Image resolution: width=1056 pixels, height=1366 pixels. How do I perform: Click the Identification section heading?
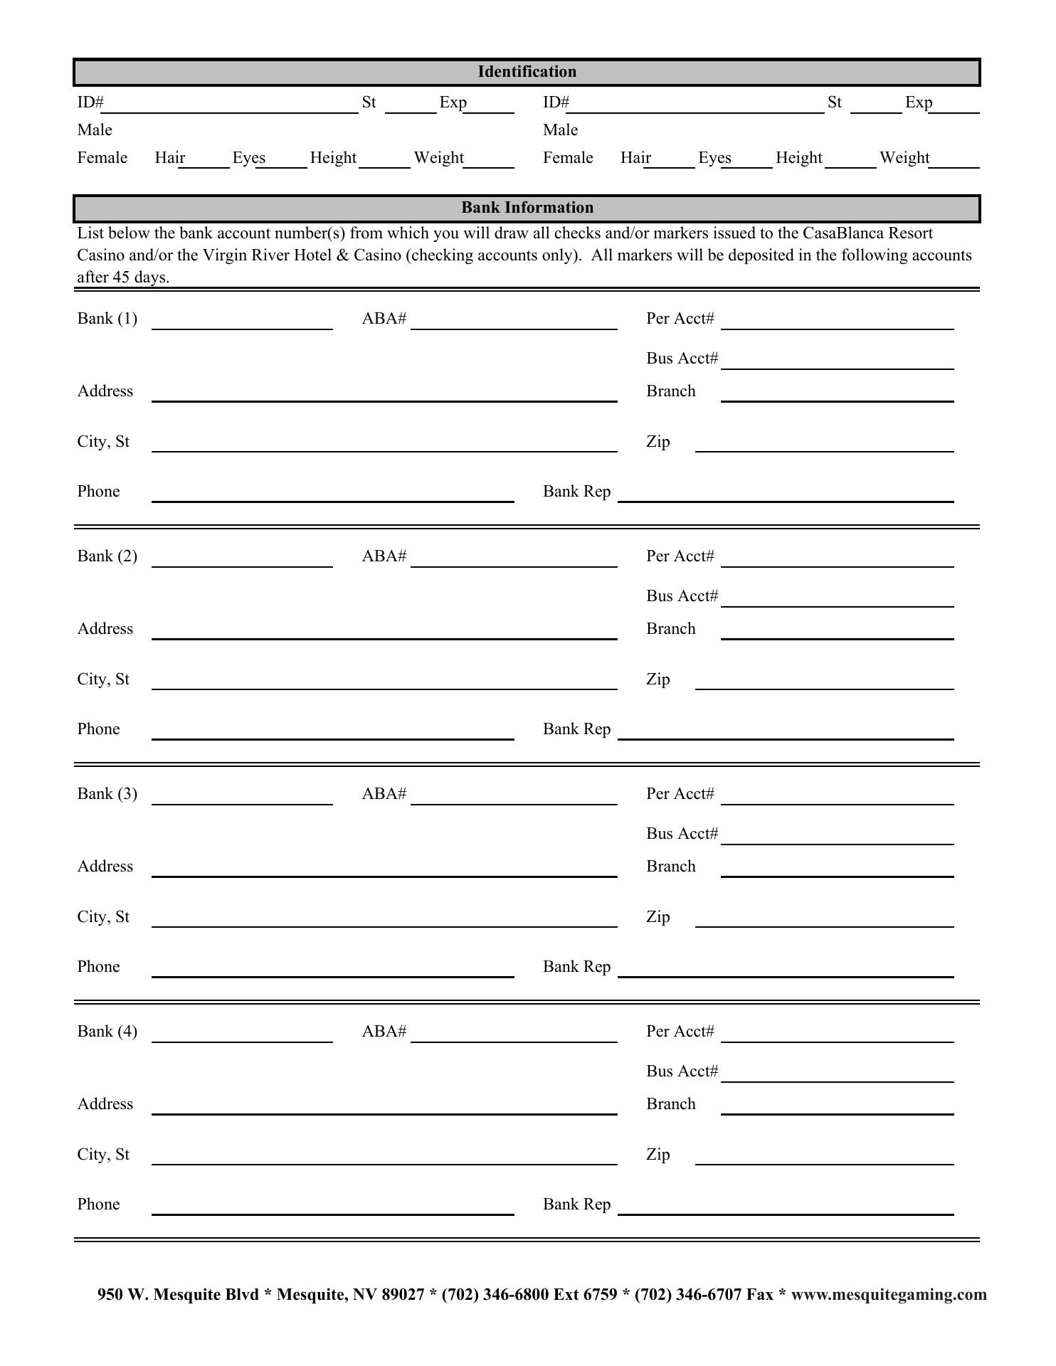click(527, 72)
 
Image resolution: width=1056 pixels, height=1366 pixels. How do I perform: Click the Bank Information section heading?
click(527, 208)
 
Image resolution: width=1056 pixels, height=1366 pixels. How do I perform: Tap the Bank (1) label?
click(107, 318)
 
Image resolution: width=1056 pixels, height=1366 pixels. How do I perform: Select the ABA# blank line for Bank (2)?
click(514, 562)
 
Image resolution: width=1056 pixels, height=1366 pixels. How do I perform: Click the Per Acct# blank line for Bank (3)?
click(837, 800)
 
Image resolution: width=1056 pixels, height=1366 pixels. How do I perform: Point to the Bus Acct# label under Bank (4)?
click(682, 1071)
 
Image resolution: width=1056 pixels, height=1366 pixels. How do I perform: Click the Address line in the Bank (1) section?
click(384, 396)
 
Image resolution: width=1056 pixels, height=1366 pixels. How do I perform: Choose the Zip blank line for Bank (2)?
click(824, 684)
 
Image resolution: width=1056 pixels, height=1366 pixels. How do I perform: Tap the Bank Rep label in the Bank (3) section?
click(576, 966)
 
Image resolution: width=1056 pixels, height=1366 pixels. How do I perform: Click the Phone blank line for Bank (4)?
click(332, 1209)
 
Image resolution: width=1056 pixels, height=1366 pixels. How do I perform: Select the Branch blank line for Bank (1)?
click(837, 396)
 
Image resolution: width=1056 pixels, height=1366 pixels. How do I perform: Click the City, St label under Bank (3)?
click(103, 916)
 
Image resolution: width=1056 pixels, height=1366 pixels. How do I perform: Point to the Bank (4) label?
click(107, 1031)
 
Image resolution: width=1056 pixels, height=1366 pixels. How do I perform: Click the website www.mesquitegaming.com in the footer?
click(889, 1294)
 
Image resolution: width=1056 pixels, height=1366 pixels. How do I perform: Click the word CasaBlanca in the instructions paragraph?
click(843, 233)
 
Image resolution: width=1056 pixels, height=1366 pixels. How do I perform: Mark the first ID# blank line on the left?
click(231, 107)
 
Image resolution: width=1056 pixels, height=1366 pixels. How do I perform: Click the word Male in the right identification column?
click(560, 129)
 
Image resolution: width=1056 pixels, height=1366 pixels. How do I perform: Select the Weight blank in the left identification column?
click(489, 163)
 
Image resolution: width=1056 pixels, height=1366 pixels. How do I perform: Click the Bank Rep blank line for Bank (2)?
click(786, 734)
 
